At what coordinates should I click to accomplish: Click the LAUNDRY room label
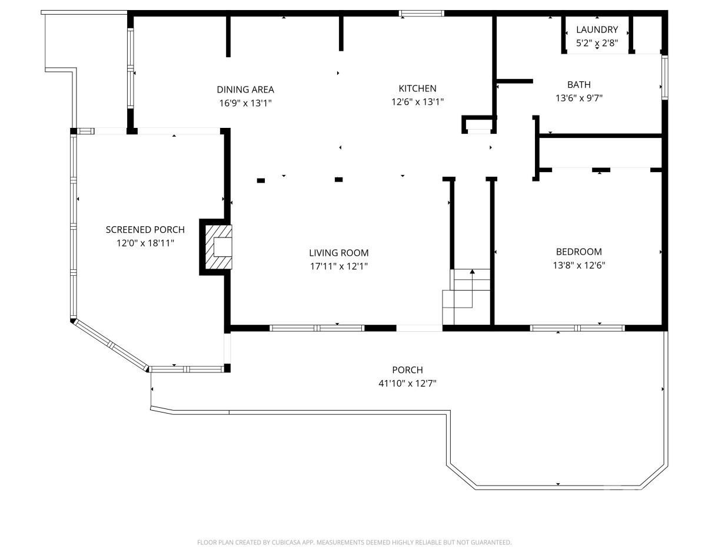point(597,29)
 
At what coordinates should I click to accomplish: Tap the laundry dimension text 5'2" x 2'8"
point(597,43)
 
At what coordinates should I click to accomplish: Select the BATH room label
point(578,85)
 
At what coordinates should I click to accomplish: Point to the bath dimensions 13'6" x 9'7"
point(578,98)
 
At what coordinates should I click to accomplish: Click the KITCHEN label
point(417,88)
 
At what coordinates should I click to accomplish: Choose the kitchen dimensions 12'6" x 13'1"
point(417,102)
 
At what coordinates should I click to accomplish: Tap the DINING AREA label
point(245,90)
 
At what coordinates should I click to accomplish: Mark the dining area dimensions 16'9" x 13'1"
point(245,103)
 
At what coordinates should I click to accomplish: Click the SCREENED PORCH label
point(145,230)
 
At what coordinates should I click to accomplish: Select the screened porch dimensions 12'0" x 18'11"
point(145,243)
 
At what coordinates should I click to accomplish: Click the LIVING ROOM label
point(338,253)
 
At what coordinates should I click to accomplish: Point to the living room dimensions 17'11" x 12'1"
point(338,266)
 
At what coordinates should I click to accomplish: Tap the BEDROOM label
point(578,252)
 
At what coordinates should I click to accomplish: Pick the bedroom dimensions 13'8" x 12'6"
point(578,265)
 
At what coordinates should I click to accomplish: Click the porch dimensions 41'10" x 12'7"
point(407,384)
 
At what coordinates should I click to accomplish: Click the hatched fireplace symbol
point(216,246)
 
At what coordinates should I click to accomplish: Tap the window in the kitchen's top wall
point(421,13)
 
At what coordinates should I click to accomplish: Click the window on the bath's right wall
point(664,77)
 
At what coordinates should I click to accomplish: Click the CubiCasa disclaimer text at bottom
point(354,542)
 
